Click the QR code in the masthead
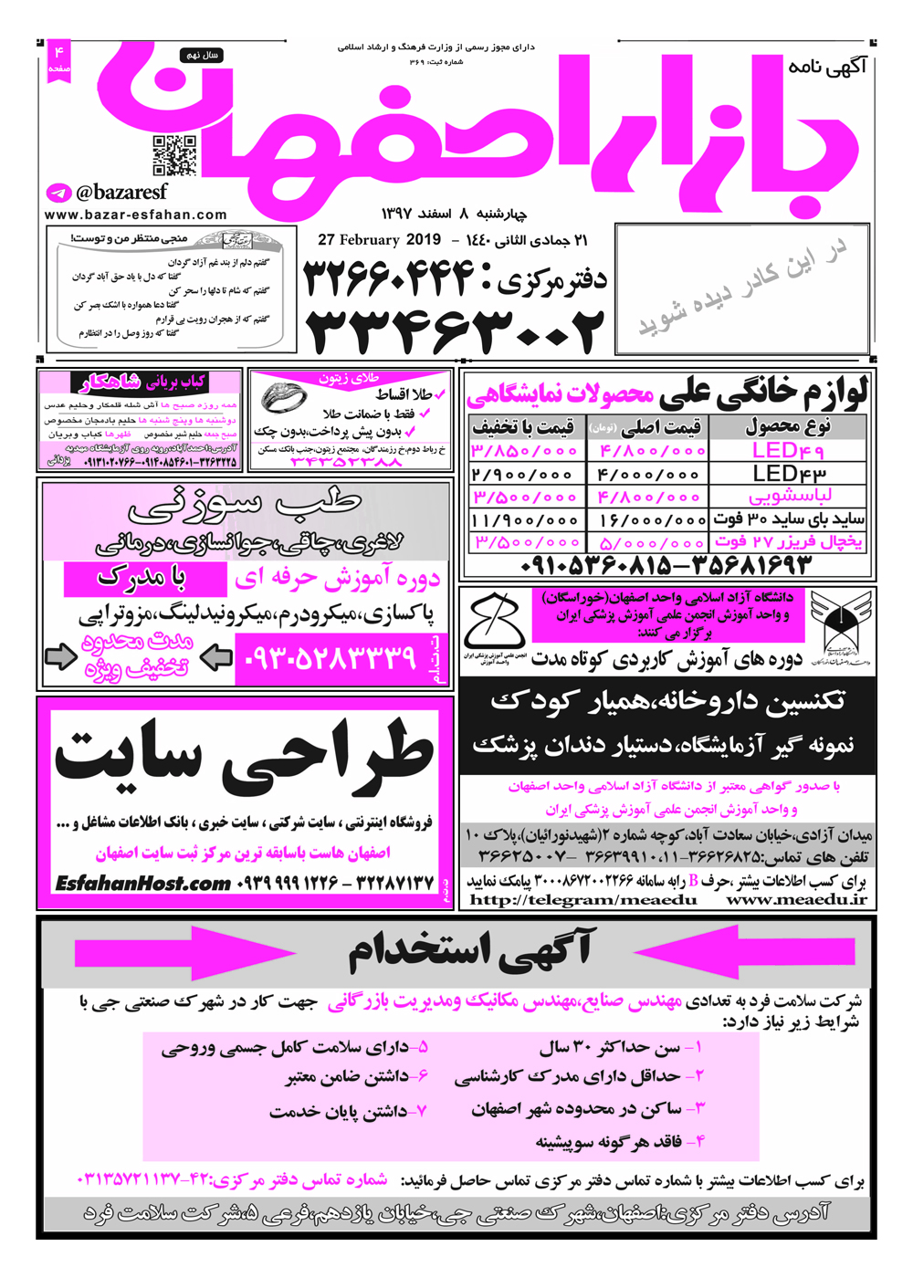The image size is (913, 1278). click(173, 155)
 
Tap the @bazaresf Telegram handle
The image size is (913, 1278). click(121, 193)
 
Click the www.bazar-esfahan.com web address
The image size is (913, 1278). click(135, 215)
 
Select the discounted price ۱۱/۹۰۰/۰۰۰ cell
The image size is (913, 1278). click(525, 519)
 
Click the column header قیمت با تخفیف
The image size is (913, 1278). click(523, 426)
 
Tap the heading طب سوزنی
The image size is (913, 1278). click(245, 504)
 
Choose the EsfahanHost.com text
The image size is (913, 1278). click(142, 883)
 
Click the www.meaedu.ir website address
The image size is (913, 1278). click(796, 899)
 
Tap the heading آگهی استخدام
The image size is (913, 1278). click(469, 950)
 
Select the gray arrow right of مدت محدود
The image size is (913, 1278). click(216, 656)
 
